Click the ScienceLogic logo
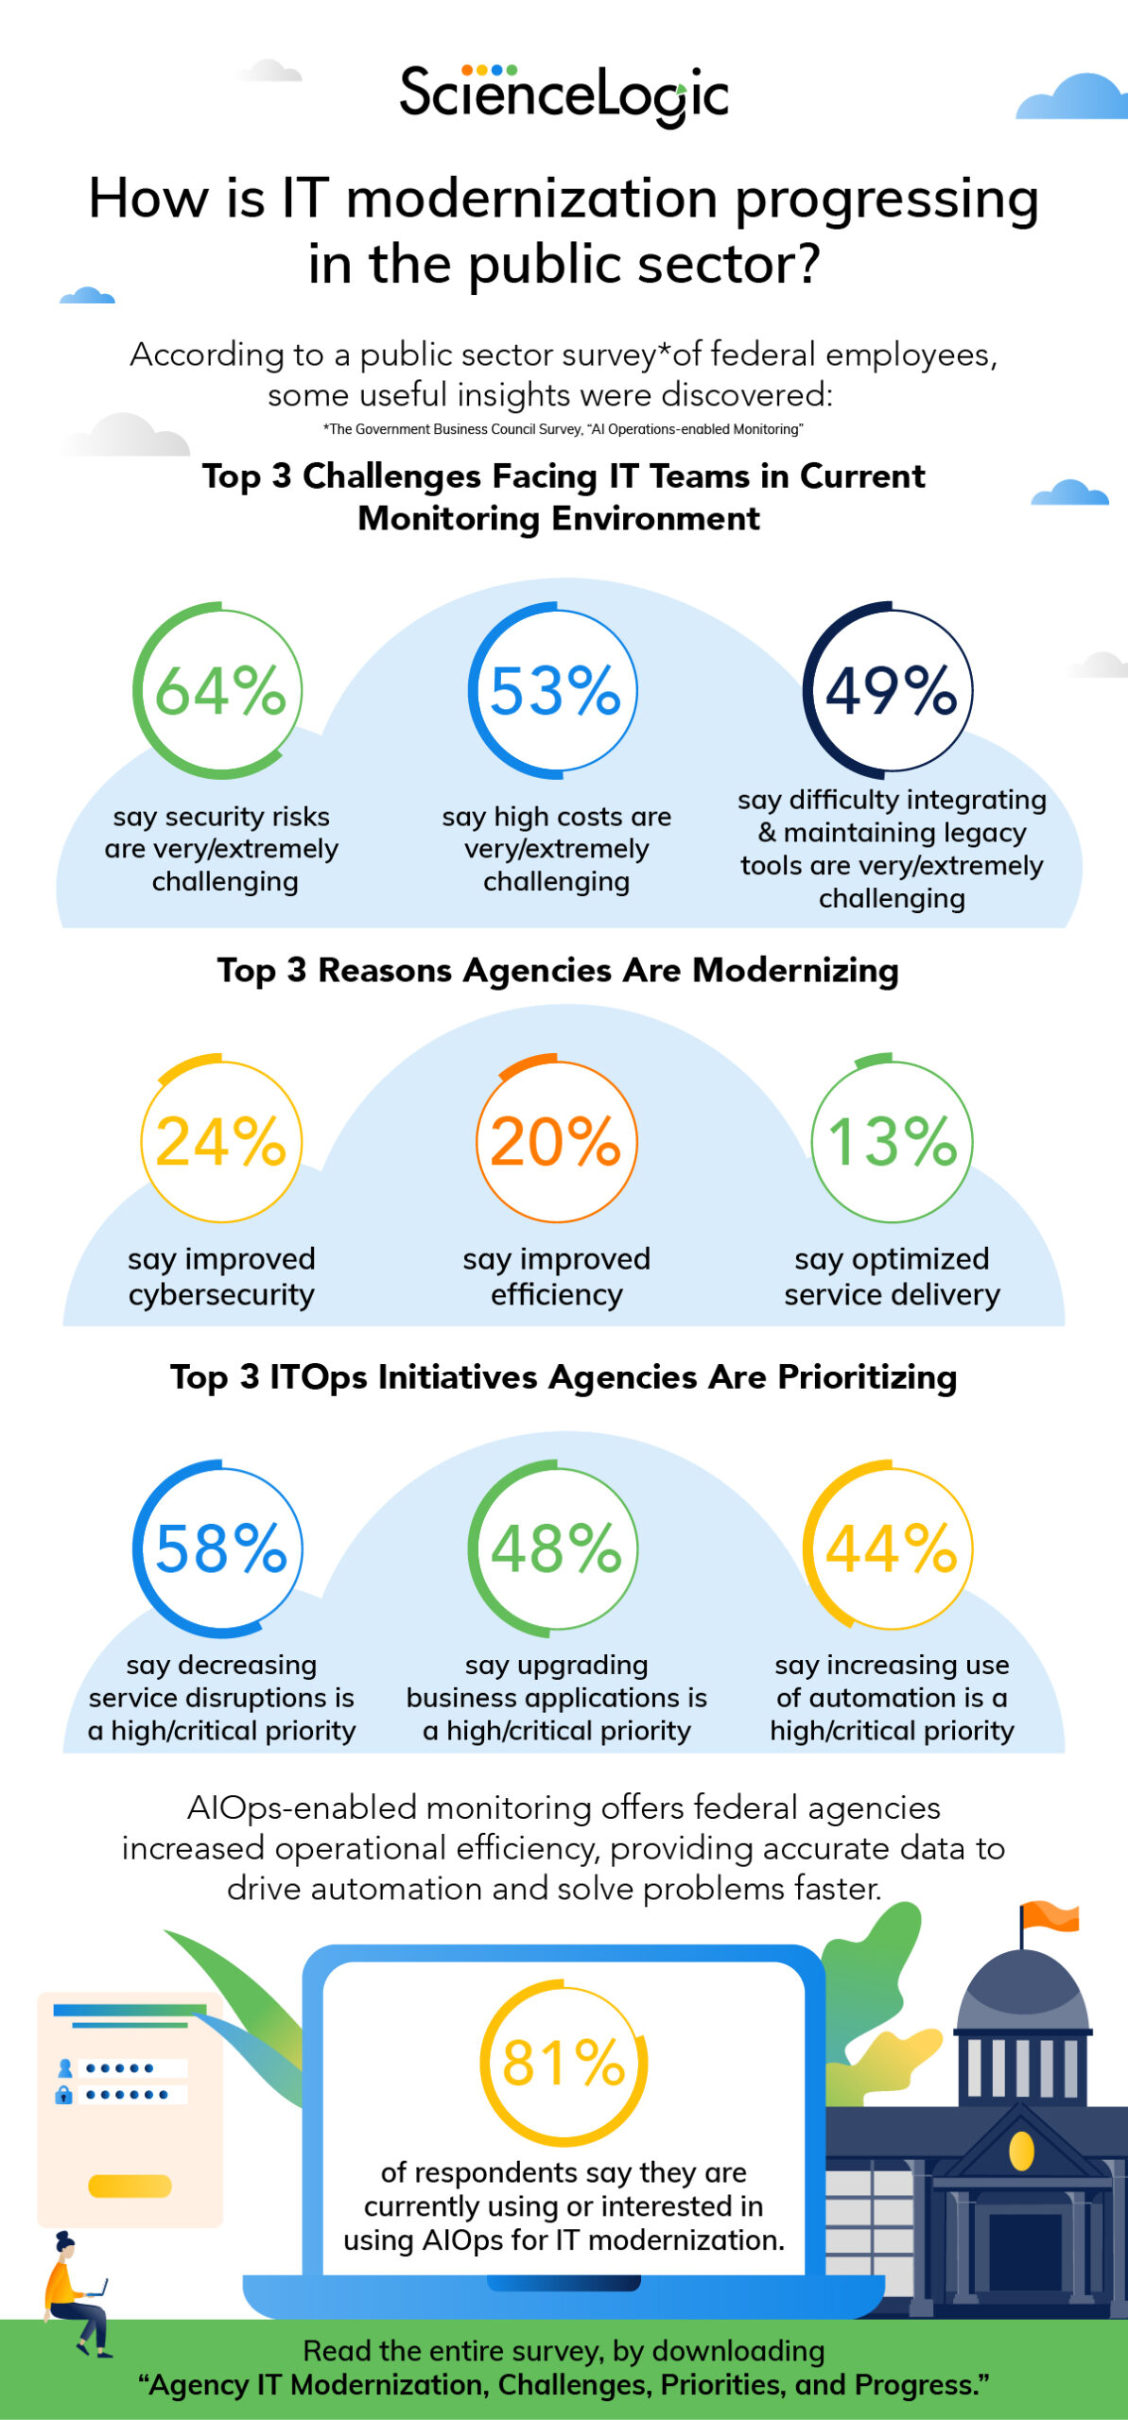pyautogui.click(x=564, y=95)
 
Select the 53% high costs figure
pyautogui.click(x=555, y=690)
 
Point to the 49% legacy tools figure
pyautogui.click(x=890, y=690)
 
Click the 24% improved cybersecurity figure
pyautogui.click(x=220, y=1141)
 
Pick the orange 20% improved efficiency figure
pyautogui.click(x=556, y=1141)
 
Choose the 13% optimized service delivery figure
pyautogui.click(x=892, y=1141)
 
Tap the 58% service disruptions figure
pyautogui.click(x=219, y=1548)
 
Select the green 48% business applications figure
pyautogui.click(x=555, y=1548)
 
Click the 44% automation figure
pyautogui.click(x=890, y=1548)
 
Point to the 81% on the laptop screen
pyautogui.click(x=564, y=2063)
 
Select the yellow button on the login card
pyautogui.click(x=130, y=2186)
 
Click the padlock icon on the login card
pyautogui.click(x=64, y=2095)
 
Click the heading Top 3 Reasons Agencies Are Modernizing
pyautogui.click(x=558, y=971)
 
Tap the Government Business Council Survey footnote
pyautogui.click(x=564, y=429)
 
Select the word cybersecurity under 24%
pyautogui.click(x=221, y=1294)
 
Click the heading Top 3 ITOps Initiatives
pyautogui.click(x=564, y=1377)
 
